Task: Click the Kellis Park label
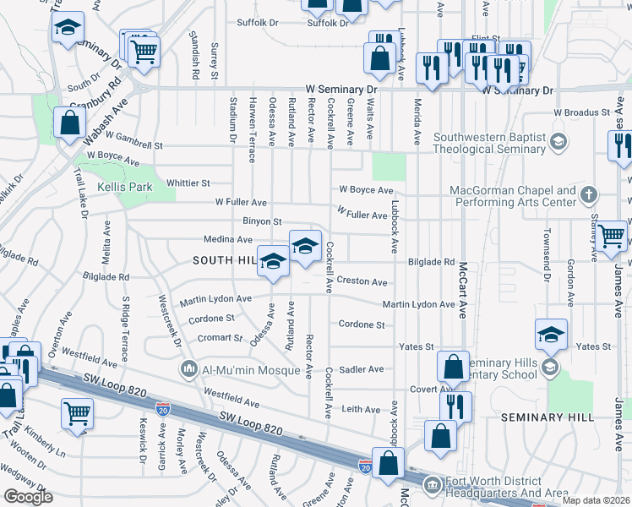pyautogui.click(x=123, y=187)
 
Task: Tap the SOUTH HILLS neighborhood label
pyautogui.click(x=225, y=260)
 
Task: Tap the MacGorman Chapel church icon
pyautogui.click(x=589, y=195)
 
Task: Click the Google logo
pyautogui.click(x=28, y=497)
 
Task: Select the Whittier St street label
pyautogui.click(x=188, y=183)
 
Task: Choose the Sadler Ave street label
pyautogui.click(x=361, y=369)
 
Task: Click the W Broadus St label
pyautogui.click(x=581, y=112)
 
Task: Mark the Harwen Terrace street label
pyautogui.click(x=251, y=117)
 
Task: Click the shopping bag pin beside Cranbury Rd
pyautogui.click(x=68, y=123)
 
